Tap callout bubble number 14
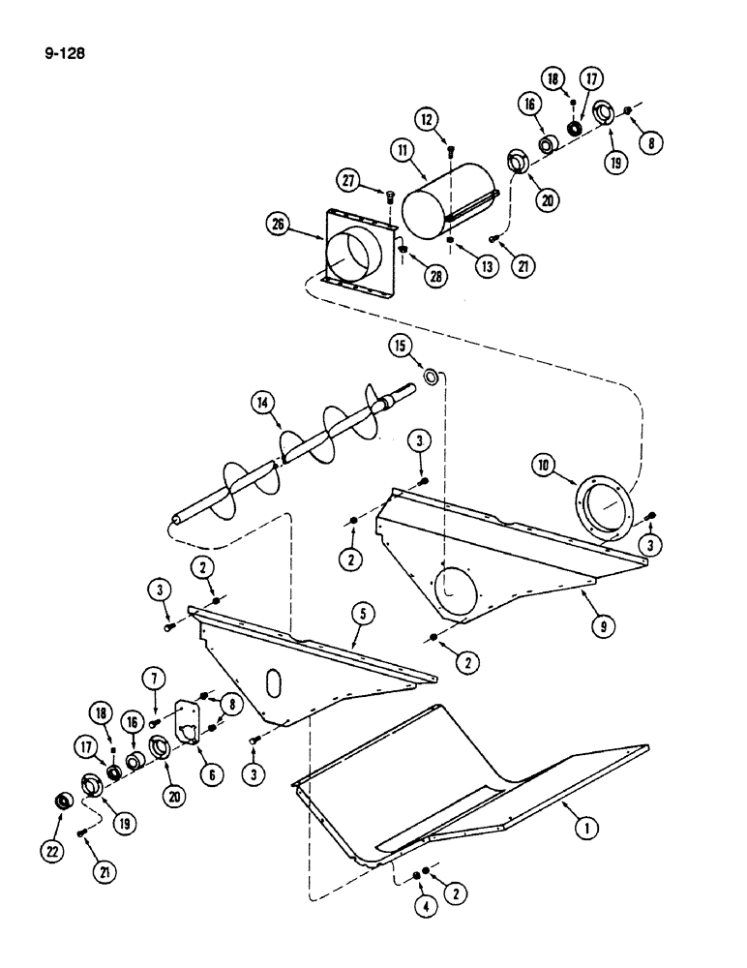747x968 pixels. [x=258, y=400]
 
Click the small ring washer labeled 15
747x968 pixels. [x=432, y=374]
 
